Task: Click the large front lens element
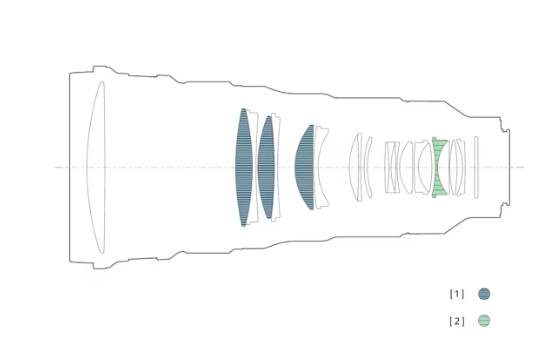tap(97, 167)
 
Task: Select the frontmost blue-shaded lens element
tap(244, 167)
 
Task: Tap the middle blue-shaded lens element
tap(266, 167)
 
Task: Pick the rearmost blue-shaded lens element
tap(305, 167)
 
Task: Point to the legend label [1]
tap(457, 294)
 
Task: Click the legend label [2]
tap(457, 321)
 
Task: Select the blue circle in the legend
tap(484, 294)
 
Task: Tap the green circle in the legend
tap(484, 321)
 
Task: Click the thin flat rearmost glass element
tap(476, 167)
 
